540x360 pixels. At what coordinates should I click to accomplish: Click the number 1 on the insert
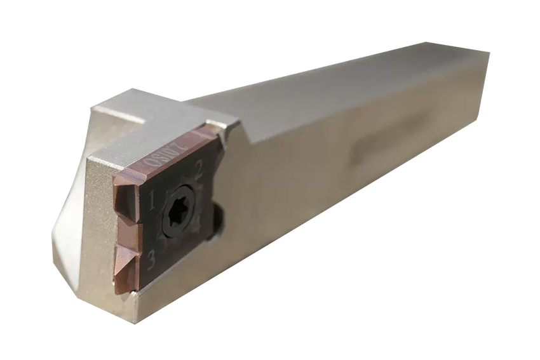point(152,203)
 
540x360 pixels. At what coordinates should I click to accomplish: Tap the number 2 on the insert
point(198,168)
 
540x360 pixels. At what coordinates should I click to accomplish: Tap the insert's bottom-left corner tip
point(118,293)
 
